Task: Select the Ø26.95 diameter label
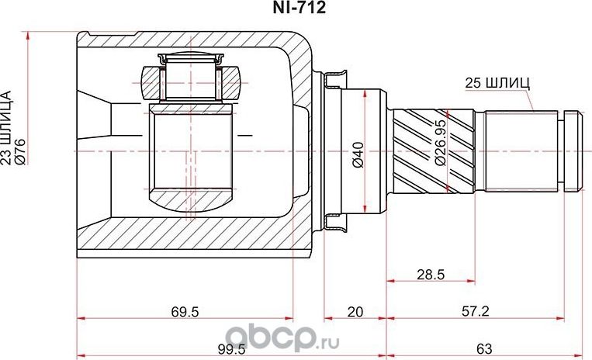439,151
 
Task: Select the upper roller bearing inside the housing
190,78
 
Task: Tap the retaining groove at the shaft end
573,151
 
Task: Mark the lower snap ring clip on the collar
335,224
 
